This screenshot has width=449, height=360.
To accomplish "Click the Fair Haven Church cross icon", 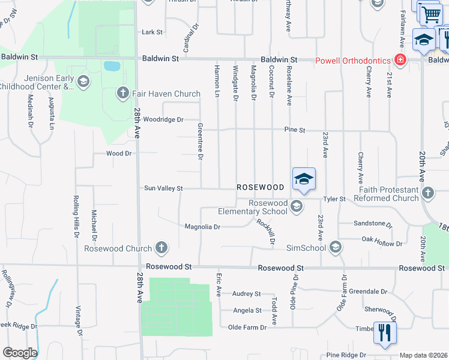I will click(x=122, y=93).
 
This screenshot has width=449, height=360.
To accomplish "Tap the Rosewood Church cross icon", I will click(x=161, y=247).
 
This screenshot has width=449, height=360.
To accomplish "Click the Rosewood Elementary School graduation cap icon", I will click(x=296, y=206).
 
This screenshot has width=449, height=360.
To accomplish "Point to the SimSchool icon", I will click(x=336, y=247).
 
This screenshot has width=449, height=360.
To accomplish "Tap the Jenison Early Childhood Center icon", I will click(x=83, y=82).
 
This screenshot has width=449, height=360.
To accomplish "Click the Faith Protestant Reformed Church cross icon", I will click(x=427, y=193).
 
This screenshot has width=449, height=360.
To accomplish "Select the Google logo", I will click(x=20, y=353).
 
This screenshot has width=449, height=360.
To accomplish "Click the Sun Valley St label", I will click(x=163, y=188).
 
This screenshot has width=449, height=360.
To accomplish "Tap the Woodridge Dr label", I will click(x=163, y=119).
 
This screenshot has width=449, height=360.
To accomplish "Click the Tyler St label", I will click(x=334, y=199).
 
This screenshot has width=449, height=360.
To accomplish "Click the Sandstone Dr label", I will click(x=372, y=223).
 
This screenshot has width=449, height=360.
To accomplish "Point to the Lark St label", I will click(x=152, y=32).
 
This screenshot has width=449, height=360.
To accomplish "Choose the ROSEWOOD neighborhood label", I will click(x=260, y=188).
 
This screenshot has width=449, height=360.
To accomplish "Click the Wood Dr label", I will click(x=118, y=154).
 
